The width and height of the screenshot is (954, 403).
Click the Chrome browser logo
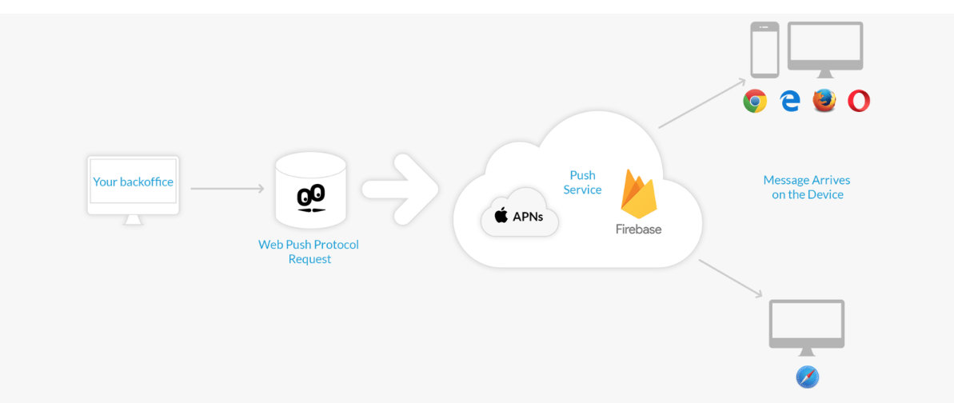(755, 102)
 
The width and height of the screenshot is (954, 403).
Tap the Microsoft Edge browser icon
(790, 102)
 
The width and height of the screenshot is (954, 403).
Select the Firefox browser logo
(824, 101)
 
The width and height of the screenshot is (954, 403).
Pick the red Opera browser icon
(859, 101)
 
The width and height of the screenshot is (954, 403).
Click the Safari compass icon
(808, 377)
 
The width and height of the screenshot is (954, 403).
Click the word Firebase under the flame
(638, 229)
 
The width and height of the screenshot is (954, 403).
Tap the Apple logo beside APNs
(501, 214)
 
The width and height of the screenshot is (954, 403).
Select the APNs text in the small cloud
(528, 216)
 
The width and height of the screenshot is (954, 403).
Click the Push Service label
(582, 182)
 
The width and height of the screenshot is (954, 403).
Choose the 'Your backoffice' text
(133, 182)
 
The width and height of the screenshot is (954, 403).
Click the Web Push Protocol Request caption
(309, 251)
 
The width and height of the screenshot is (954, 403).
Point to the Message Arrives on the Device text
(807, 187)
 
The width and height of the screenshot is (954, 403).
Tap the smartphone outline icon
(764, 50)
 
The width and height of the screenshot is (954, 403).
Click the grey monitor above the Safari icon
(807, 324)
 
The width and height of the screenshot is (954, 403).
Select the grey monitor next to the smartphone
(825, 46)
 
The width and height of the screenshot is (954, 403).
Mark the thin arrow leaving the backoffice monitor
(227, 189)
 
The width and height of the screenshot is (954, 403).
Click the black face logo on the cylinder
(310, 198)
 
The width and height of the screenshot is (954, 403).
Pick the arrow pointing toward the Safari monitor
(731, 278)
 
